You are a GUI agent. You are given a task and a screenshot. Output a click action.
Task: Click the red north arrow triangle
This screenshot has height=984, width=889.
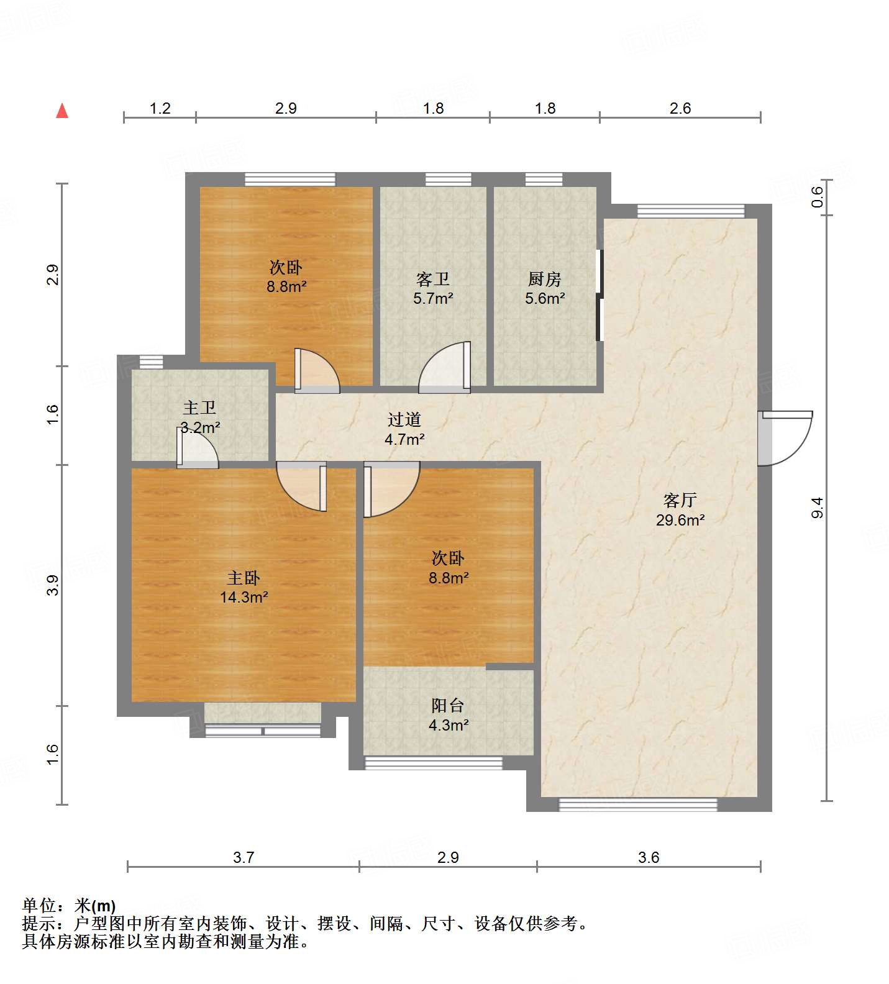pos(62,111)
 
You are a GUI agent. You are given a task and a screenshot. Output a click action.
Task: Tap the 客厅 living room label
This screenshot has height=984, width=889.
pos(680,500)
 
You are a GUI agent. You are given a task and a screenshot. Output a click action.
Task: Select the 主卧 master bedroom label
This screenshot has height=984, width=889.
pos(244,578)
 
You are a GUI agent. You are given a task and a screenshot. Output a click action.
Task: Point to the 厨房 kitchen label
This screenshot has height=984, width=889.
pos(545,279)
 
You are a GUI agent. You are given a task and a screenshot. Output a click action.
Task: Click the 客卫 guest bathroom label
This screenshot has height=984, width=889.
pos(433,279)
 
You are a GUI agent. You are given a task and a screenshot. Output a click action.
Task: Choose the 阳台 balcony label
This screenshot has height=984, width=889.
pos(448,705)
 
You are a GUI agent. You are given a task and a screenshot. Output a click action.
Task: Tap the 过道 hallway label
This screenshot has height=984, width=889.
pos(404,420)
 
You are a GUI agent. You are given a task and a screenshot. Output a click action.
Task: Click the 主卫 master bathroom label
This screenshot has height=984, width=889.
pos(199,408)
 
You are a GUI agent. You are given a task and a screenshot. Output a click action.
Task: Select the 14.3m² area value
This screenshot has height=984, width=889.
pos(244,598)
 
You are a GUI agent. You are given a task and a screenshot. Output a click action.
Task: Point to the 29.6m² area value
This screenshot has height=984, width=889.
pos(680,520)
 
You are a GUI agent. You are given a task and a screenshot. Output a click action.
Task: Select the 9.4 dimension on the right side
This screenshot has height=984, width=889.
pos(818,508)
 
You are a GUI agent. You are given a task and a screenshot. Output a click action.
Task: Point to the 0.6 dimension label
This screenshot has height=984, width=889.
pos(818,197)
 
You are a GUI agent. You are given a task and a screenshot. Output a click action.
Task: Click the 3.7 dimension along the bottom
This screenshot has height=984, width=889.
pos(244,857)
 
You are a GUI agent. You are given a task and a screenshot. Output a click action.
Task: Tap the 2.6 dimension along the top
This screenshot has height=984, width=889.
pos(680,108)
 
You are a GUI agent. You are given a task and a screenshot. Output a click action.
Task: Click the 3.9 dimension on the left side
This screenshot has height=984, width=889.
pos(53,585)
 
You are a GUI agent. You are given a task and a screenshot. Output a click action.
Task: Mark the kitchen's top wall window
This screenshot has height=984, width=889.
pos(544,180)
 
